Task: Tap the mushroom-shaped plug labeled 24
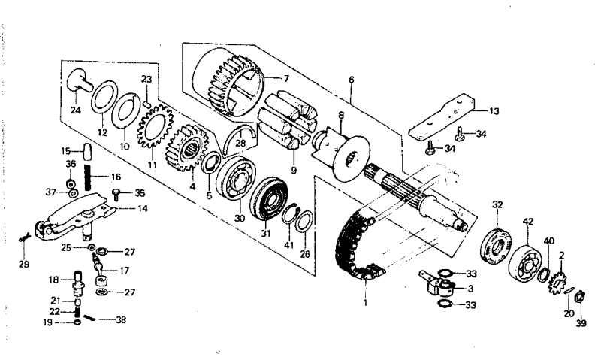tap(75, 77)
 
